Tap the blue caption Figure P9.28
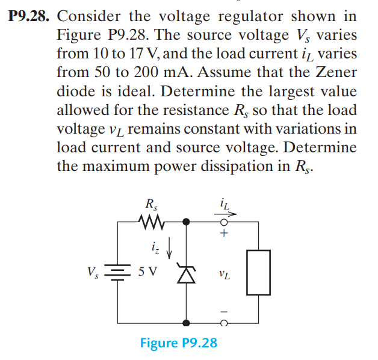click(x=178, y=343)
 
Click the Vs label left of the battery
click(x=94, y=272)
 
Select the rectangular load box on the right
click(x=258, y=273)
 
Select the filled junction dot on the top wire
click(x=187, y=222)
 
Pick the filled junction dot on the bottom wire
click(x=187, y=323)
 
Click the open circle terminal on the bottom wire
click(x=223, y=323)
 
